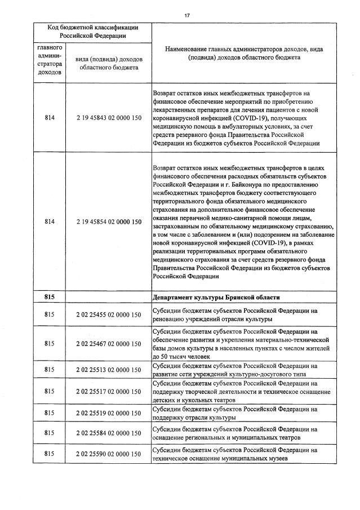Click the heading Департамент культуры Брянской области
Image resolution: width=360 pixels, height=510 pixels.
[x=216, y=298]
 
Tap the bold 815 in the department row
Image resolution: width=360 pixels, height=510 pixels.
[x=48, y=298]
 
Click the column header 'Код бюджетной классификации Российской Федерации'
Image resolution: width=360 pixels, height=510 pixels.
[x=92, y=32]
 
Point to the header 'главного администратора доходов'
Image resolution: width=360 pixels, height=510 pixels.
[x=48, y=60]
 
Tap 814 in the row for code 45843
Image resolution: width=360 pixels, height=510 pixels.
[x=48, y=118]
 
